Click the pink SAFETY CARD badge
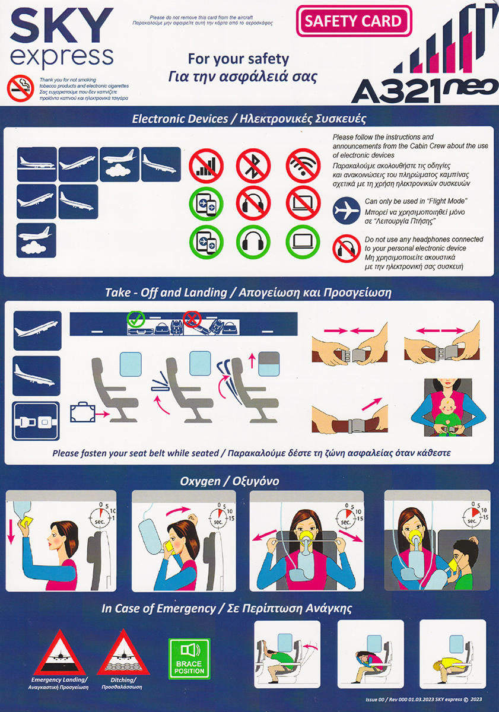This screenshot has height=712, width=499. (354, 21)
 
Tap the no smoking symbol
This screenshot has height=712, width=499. (21, 88)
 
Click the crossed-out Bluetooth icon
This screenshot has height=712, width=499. (253, 166)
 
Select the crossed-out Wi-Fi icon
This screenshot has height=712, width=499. (303, 166)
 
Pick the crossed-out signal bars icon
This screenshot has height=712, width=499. (206, 166)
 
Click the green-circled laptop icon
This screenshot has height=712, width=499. (303, 242)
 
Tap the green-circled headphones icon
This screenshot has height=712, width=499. (253, 242)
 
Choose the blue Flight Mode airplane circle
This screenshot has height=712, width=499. (347, 211)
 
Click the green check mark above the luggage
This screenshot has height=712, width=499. (136, 319)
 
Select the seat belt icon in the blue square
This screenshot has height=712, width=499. (36, 421)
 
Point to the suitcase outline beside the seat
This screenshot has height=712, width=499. (82, 412)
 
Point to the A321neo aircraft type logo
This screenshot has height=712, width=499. (424, 90)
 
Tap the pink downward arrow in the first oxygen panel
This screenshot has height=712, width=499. (11, 527)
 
